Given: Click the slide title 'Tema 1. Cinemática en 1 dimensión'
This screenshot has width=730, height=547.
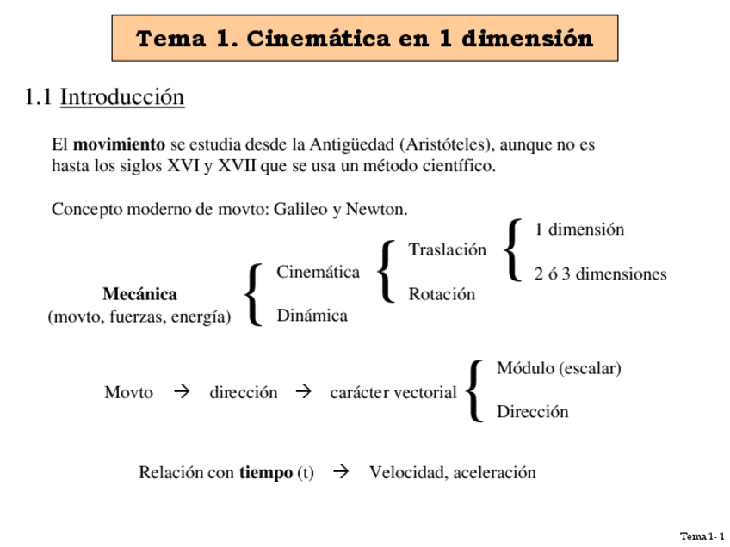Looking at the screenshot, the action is [x=364, y=39].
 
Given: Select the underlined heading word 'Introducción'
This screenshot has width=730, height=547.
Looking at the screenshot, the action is [x=122, y=97].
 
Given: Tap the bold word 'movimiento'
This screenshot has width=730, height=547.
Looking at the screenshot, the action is [x=119, y=144].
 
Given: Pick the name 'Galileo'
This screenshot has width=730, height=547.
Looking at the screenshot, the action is [x=300, y=210].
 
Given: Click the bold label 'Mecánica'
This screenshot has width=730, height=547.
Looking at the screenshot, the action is [x=139, y=294].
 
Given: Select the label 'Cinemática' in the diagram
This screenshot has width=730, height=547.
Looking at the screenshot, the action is [x=318, y=273].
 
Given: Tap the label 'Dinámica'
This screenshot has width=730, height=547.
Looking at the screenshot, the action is [x=312, y=316].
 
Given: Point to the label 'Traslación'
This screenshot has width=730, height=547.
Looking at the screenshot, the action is [x=447, y=250].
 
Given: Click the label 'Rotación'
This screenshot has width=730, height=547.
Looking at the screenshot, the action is [x=442, y=294].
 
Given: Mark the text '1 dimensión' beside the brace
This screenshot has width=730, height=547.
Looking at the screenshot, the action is [x=578, y=230].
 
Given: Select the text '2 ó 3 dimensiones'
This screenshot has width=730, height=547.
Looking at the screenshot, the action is [x=600, y=274].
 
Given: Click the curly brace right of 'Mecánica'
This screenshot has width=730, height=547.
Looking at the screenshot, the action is [x=253, y=294].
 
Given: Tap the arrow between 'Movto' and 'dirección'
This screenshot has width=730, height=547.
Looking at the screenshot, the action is [x=181, y=392].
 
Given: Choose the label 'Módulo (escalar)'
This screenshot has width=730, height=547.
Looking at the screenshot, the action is [x=559, y=368].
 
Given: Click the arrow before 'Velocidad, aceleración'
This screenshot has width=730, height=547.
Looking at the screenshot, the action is [x=341, y=471].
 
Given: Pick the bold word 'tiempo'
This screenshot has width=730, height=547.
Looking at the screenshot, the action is [x=266, y=473].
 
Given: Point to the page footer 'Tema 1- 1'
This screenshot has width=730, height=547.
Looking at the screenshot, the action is [x=702, y=537].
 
